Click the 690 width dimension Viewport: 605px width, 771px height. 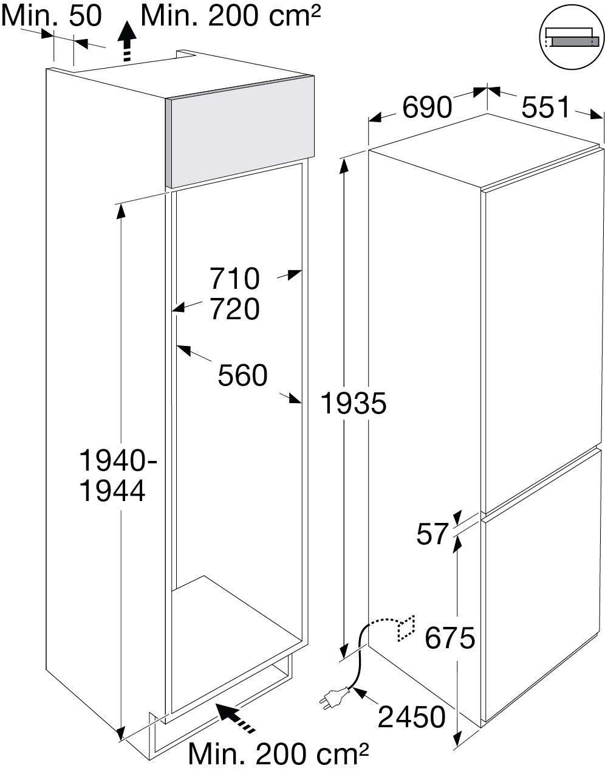pos(427,108)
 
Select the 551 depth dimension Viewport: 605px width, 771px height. pos(546,108)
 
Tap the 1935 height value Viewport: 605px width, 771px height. pos(353,403)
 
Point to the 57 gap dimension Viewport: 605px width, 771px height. pos(432,534)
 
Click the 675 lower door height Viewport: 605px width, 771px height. pos(449,638)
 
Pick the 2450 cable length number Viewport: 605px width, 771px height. pos(411,717)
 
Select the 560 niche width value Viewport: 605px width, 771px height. pos(242,376)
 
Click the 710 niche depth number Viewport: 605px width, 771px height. pos(234,279)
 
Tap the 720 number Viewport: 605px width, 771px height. pos(234,309)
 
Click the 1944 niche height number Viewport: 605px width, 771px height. pos(113,491)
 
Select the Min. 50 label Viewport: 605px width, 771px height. pos(51,16)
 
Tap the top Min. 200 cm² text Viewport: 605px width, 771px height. pos(230,16)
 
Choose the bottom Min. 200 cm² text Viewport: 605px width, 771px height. pos(278,755)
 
